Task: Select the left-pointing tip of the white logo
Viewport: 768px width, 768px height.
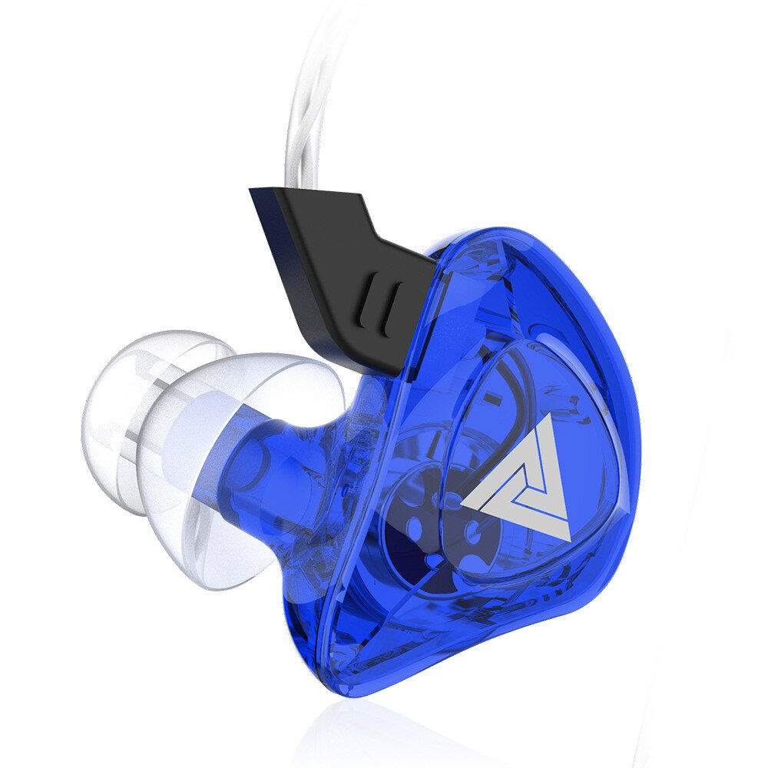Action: [x=463, y=503]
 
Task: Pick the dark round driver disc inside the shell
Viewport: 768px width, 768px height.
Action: [x=430, y=530]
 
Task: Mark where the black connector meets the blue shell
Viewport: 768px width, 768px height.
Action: [x=419, y=323]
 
